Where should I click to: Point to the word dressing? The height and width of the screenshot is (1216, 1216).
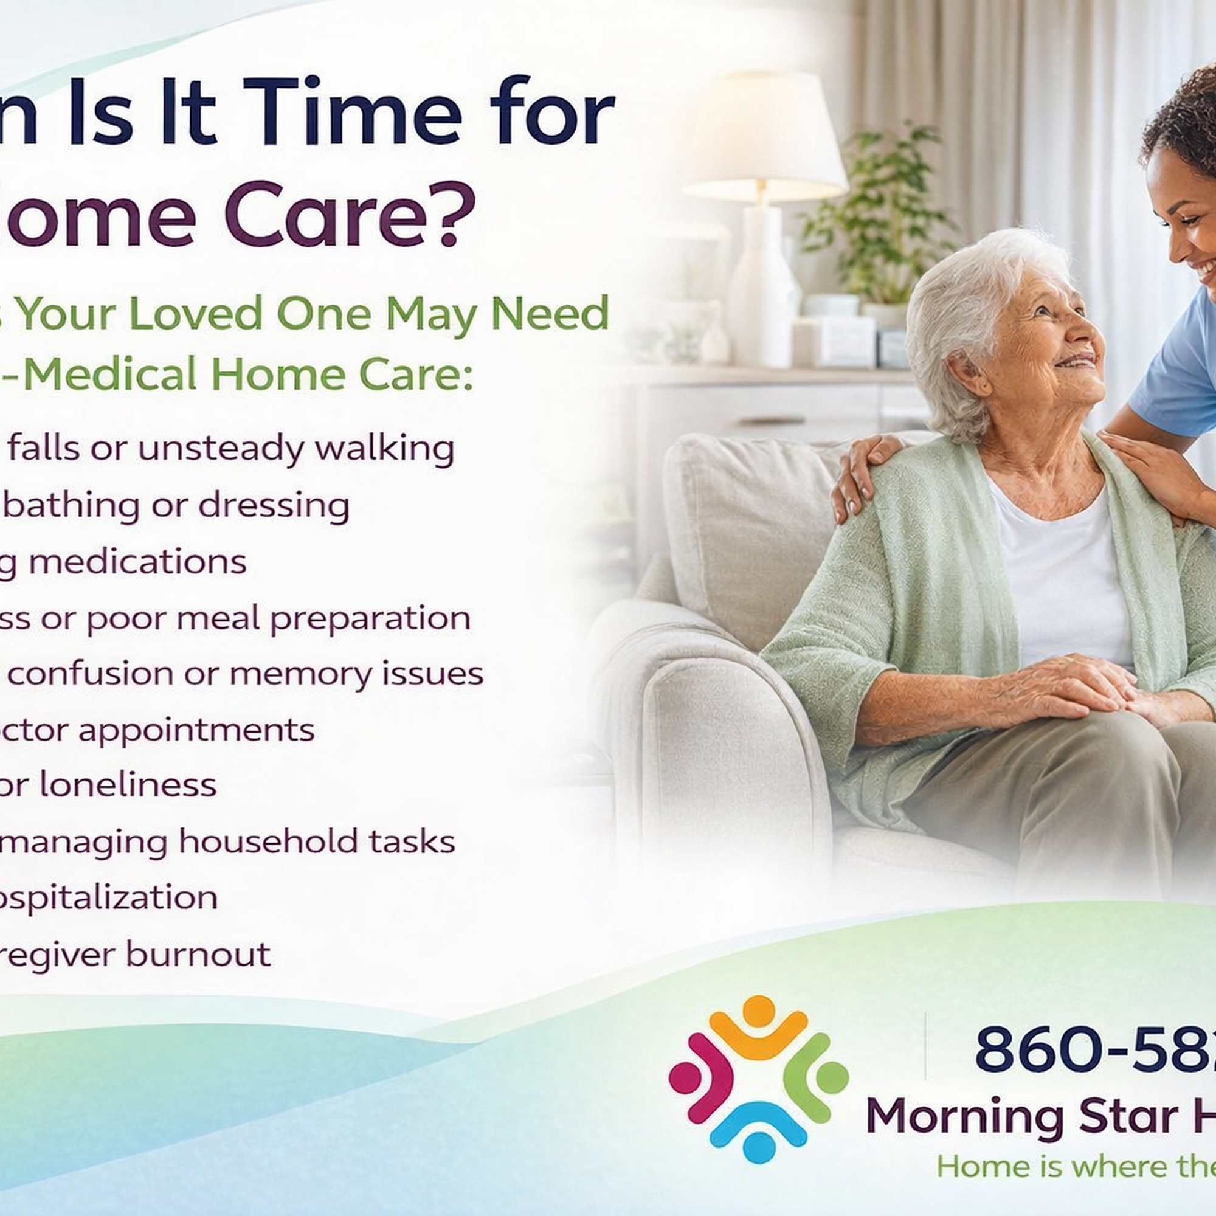coord(274,505)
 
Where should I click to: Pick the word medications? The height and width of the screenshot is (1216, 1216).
coord(137,562)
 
